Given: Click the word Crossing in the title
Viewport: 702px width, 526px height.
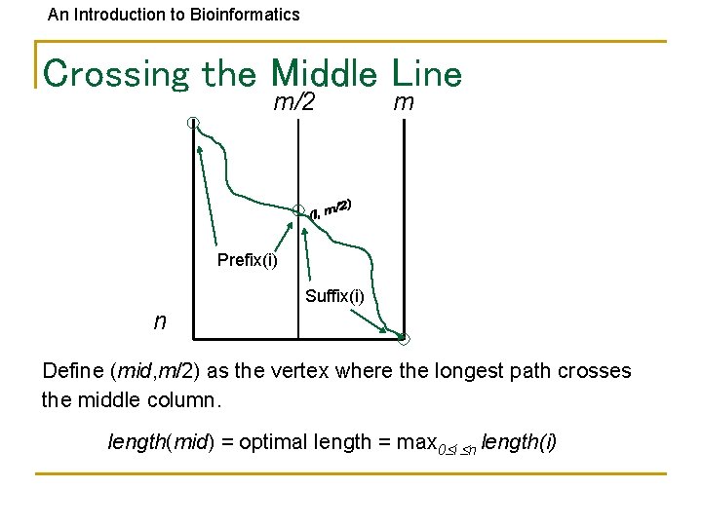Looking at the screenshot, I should [118, 73].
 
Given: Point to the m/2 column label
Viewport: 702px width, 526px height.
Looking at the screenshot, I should [293, 102].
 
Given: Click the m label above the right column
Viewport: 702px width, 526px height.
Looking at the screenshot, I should [403, 102].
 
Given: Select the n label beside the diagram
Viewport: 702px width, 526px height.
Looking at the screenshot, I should [159, 320].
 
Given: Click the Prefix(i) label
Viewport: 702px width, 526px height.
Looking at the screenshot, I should [247, 260].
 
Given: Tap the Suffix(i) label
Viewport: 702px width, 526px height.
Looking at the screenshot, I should [334, 296].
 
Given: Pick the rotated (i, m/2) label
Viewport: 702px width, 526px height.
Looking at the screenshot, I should [331, 207].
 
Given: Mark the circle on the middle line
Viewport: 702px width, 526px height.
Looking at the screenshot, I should [298, 208].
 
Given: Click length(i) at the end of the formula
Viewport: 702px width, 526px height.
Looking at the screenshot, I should [519, 442].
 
